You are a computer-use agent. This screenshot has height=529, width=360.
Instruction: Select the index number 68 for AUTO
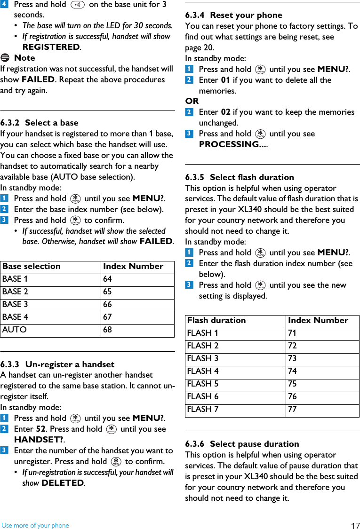pos(108,330)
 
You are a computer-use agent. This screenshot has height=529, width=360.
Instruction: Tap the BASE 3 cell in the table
pos(15,304)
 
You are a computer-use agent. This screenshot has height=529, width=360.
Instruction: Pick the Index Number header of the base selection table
pos(133,266)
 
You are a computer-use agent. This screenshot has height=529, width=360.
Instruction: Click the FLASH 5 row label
pos(203,384)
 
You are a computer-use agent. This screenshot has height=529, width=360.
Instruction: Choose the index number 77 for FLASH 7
pos(292,409)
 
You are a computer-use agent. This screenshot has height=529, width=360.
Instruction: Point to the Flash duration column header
pos(216,320)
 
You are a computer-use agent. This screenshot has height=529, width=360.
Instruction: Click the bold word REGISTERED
pos(51,47)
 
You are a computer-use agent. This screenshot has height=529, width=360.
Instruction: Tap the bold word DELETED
pos(63,483)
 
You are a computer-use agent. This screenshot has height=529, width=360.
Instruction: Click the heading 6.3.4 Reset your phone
pos(234,15)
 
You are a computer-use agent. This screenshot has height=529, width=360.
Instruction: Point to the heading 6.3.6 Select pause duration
pos(242,444)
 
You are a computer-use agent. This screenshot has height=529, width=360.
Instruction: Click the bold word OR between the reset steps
pos(192,101)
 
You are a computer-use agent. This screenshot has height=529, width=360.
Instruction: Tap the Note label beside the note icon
pos(24,58)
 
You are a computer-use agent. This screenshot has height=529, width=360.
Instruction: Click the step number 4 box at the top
pos(4,4)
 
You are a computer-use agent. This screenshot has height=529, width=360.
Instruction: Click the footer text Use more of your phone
pos(35,525)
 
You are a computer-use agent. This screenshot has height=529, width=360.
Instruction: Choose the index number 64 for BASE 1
pos(108,279)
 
